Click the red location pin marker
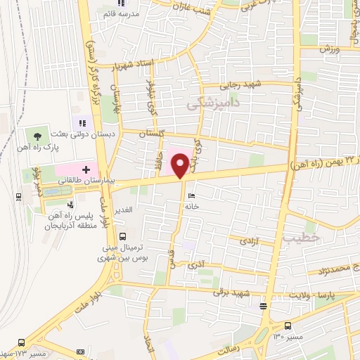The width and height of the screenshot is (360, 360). (x=181, y=165)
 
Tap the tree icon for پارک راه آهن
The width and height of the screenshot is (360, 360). (x=37, y=135)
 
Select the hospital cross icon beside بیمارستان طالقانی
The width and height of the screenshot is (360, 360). (x=86, y=169)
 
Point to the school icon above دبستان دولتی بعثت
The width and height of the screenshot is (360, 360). (x=82, y=124)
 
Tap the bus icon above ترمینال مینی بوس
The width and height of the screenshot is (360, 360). (x=124, y=237)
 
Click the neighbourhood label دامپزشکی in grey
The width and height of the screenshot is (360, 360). (x=214, y=103)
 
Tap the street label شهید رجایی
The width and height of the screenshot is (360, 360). (x=240, y=84)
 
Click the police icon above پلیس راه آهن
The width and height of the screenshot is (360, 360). (x=70, y=205)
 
